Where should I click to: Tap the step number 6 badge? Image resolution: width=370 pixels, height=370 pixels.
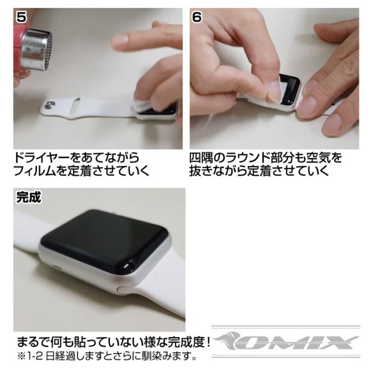(x=197, y=17)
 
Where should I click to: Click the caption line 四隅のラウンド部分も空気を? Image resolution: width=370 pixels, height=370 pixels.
(x=265, y=158)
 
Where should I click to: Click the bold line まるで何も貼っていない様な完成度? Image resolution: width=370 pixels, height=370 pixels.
(x=113, y=342)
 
